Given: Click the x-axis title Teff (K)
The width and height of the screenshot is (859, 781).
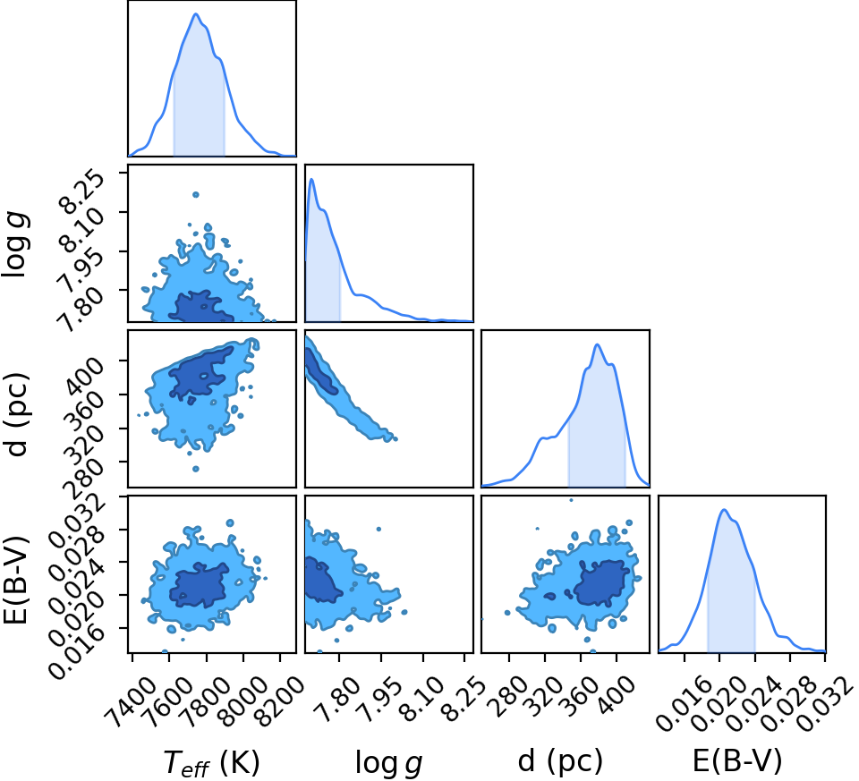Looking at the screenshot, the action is point(211,762).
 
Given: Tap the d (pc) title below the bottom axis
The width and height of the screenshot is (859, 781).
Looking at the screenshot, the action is point(560,761).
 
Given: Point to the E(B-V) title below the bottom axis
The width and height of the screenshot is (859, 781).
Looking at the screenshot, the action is point(737,760).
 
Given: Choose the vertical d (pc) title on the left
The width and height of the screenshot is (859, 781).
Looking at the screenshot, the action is point(16,414).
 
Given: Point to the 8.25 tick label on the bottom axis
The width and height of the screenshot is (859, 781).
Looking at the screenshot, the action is point(463,696).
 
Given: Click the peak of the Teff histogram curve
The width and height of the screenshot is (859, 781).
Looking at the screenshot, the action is point(196,13).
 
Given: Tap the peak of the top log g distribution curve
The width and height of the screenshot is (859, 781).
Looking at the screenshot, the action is point(311,179).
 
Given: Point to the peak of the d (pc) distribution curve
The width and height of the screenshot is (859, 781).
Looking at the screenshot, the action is point(597,344).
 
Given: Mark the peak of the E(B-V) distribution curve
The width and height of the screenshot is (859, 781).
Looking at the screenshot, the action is point(724,509).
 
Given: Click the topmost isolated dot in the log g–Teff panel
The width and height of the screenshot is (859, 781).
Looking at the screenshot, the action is point(196,194).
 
